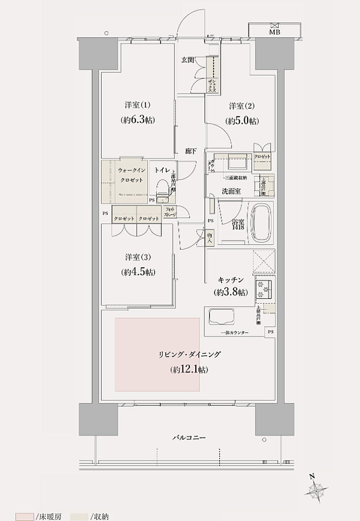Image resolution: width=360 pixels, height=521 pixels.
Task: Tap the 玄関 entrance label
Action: pyautogui.click(x=188, y=60)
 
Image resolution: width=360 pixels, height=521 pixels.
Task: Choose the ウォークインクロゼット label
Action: pyautogui.click(x=130, y=176)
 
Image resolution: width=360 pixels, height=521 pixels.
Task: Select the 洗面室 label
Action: pyautogui.click(x=231, y=191)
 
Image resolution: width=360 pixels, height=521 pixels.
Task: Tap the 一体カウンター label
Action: pyautogui.click(x=235, y=332)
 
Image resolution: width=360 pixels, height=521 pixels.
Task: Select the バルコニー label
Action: pyautogui.click(x=188, y=438)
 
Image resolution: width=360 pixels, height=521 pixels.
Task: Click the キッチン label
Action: pyautogui.click(x=231, y=280)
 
